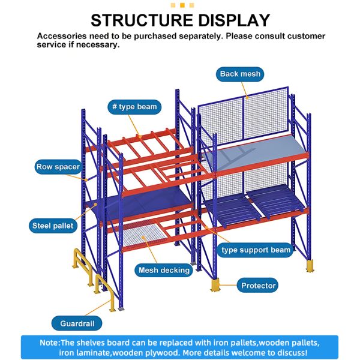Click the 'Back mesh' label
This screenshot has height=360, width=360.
pyautogui.click(x=240, y=74)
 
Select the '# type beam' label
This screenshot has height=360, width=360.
pyautogui.click(x=134, y=107)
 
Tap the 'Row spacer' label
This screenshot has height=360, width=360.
pyautogui.click(x=58, y=167)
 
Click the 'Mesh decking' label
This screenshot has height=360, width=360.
pyautogui.click(x=163, y=270)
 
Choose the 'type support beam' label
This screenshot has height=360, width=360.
pyautogui.click(x=256, y=249)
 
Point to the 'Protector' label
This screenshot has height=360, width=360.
pyautogui.click(x=259, y=286)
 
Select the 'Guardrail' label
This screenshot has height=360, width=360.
pyautogui.click(x=76, y=323)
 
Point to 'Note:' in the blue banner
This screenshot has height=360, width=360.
pyautogui.click(x=50, y=342)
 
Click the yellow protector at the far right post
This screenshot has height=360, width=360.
pyautogui.click(x=310, y=265)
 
